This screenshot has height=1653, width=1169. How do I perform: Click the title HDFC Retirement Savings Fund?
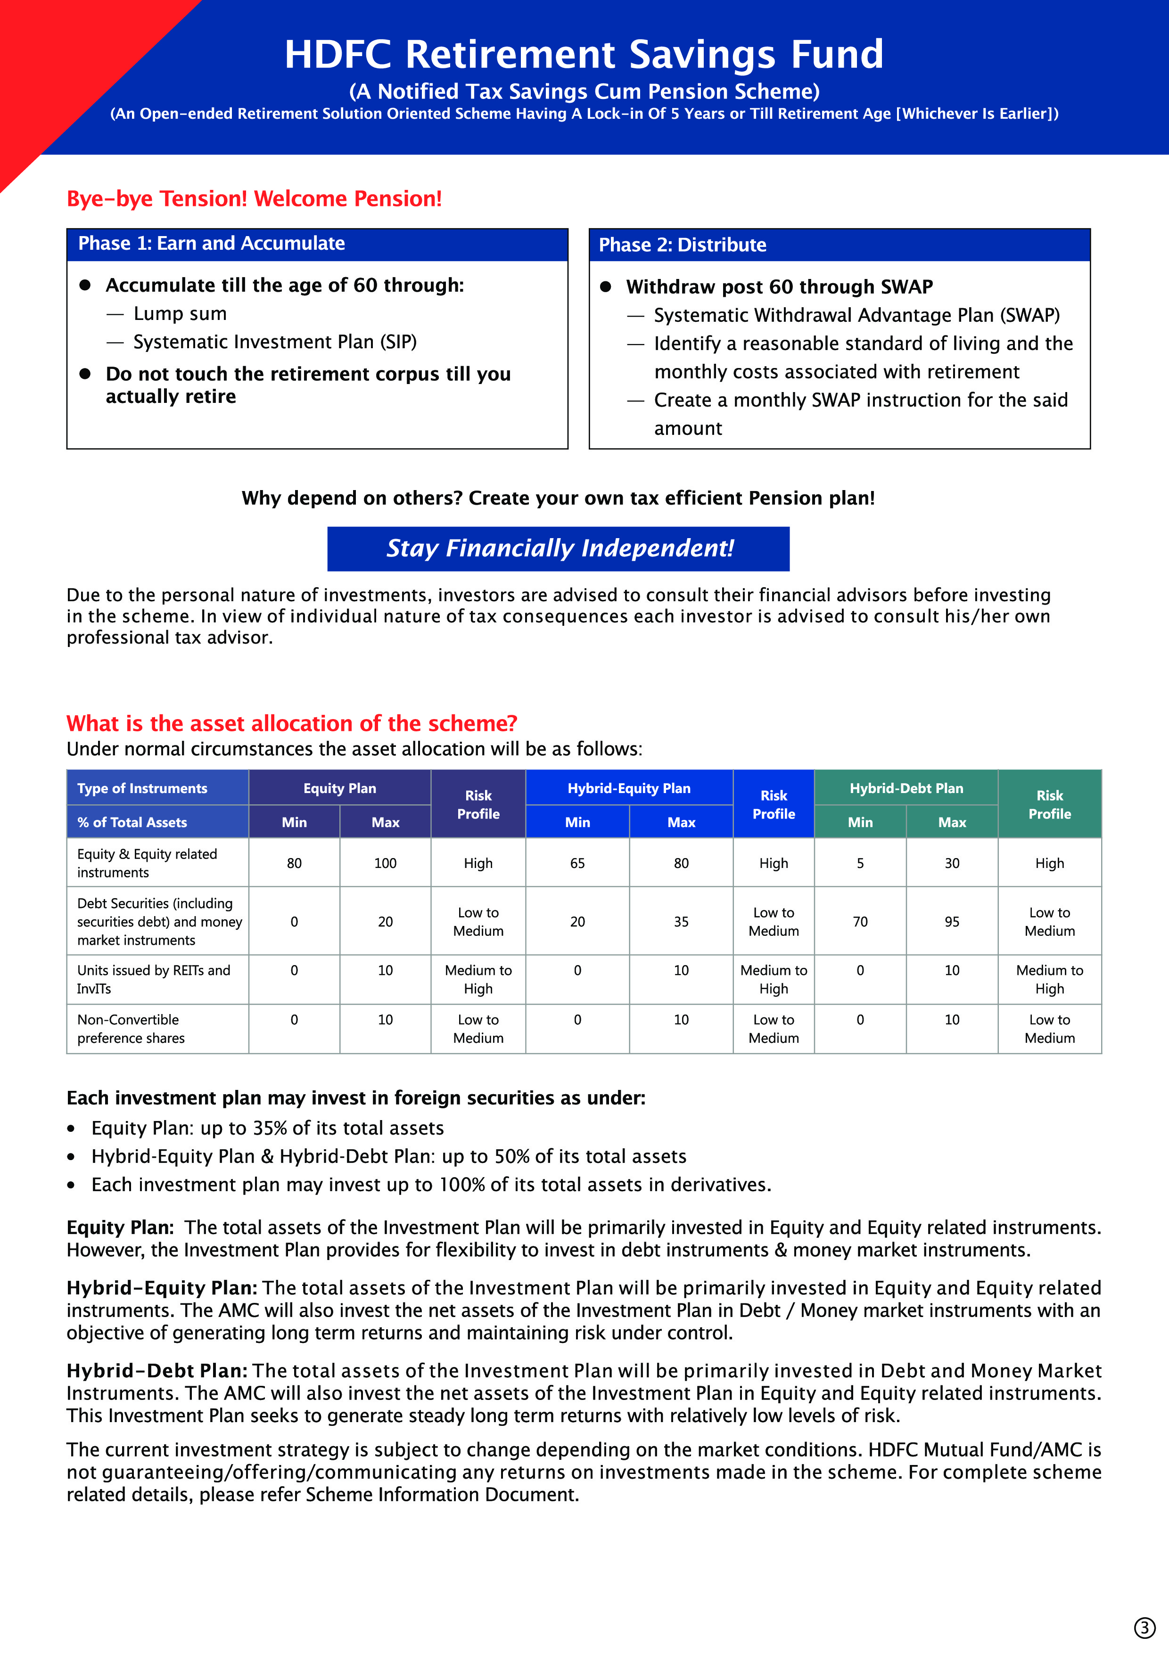(x=584, y=54)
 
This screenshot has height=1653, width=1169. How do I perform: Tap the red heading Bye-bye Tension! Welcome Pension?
(x=254, y=199)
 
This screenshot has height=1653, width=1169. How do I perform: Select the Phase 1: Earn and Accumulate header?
(x=211, y=243)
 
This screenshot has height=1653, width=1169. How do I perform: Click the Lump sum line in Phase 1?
(x=180, y=314)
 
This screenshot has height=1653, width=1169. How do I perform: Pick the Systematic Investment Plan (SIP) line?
(x=274, y=342)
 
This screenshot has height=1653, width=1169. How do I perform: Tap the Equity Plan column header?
(x=339, y=788)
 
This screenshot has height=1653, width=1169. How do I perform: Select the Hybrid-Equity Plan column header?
(x=629, y=788)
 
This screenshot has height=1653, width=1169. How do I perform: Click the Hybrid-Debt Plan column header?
(x=906, y=788)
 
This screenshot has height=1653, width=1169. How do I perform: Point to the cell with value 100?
(x=385, y=863)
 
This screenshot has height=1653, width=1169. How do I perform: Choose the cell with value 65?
(x=577, y=863)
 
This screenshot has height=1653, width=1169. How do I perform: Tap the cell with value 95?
(x=952, y=922)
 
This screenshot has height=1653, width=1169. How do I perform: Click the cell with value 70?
(x=860, y=922)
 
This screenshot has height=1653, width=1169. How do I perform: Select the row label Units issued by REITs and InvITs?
(x=153, y=979)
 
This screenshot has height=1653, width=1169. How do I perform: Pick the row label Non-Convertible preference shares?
(x=131, y=1029)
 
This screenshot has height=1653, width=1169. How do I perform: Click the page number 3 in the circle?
(x=1144, y=1628)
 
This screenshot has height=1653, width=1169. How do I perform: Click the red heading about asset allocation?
(x=292, y=724)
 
